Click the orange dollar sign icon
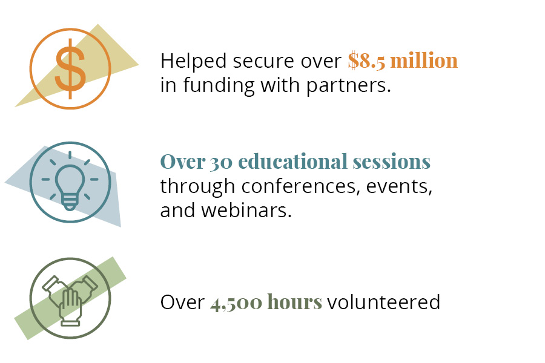(x=70, y=68)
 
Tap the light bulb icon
(x=70, y=182)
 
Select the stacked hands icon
(x=70, y=298)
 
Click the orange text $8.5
(x=366, y=60)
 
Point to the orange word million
(x=424, y=60)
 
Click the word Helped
(x=194, y=62)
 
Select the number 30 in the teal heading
(x=221, y=163)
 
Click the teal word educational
(x=293, y=162)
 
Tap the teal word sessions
(x=392, y=163)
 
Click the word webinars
(x=246, y=210)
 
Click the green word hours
(x=295, y=301)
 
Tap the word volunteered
(x=384, y=302)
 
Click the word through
(x=197, y=187)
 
